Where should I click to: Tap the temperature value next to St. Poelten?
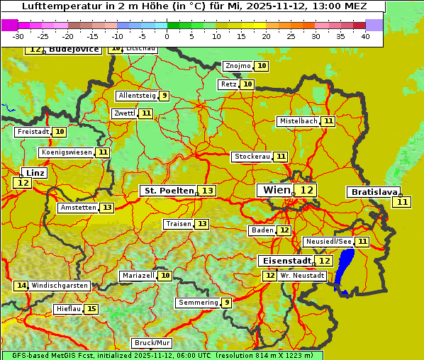click(x=206, y=191)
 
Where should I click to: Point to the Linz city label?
click(x=35, y=173)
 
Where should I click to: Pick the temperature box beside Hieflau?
click(x=91, y=309)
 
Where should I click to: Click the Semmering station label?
click(x=199, y=303)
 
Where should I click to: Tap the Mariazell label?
click(x=138, y=275)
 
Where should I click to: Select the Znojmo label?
click(x=238, y=66)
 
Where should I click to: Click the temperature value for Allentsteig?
click(x=164, y=96)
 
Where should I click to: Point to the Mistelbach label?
click(x=298, y=121)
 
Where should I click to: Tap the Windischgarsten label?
click(x=60, y=286)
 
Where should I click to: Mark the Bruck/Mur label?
click(x=152, y=343)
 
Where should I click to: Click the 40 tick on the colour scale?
click(x=365, y=36)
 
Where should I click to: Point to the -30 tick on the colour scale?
click(x=18, y=36)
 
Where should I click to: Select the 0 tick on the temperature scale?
click(x=167, y=36)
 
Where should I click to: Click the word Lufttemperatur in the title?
click(x=57, y=6)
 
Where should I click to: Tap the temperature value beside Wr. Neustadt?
click(x=269, y=276)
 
